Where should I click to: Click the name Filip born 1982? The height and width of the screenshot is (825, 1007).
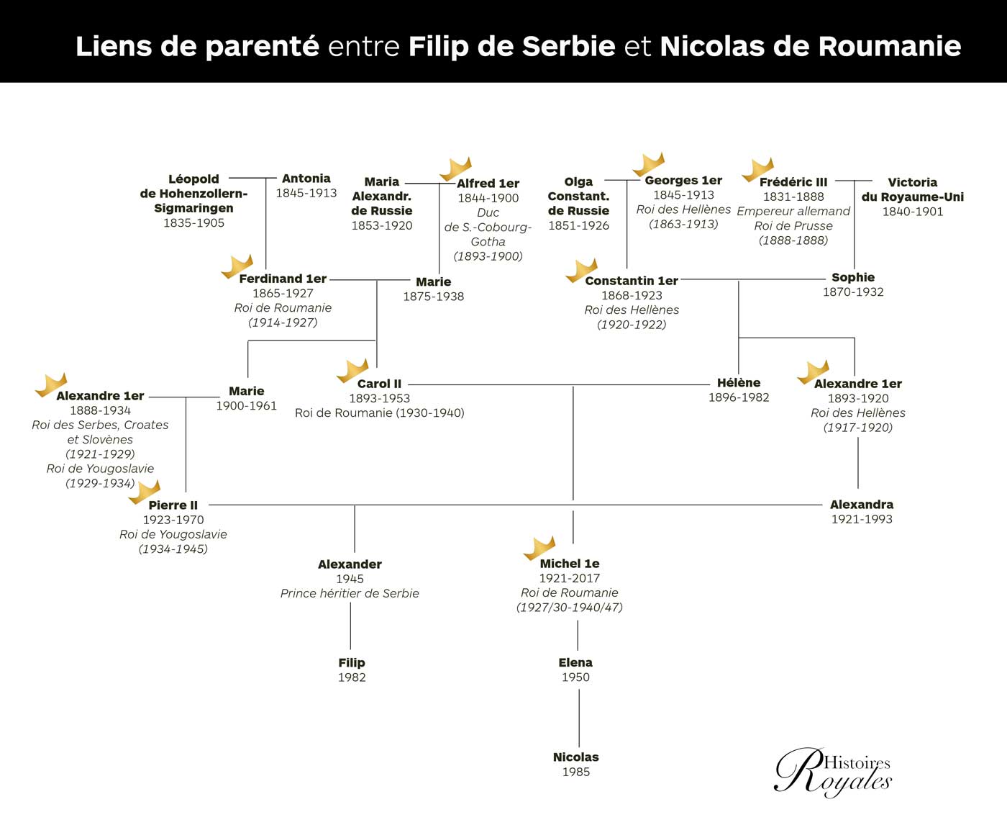[x=352, y=662]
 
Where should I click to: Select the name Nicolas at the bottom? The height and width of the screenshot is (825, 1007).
[x=575, y=757]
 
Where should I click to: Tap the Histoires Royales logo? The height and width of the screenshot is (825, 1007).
[x=832, y=772]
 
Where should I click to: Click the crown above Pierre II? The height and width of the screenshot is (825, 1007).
[x=144, y=492]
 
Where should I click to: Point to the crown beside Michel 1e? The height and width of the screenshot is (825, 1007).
[x=539, y=549]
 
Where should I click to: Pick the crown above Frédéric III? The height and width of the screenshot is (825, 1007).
[x=757, y=170]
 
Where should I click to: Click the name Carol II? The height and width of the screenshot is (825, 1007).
[x=379, y=384]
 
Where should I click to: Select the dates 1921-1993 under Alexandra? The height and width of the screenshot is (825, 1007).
[x=862, y=519]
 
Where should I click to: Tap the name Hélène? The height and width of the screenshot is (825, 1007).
[x=739, y=383]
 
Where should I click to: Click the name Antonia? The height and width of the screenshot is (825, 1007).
[x=306, y=179]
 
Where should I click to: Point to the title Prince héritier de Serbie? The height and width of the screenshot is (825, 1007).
[x=350, y=593]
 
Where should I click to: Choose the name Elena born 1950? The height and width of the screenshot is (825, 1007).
[x=575, y=662]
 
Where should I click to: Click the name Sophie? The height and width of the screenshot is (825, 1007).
[x=853, y=277]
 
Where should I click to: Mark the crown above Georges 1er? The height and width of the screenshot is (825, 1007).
[x=648, y=165]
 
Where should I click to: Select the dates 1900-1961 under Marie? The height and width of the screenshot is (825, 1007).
[x=247, y=406]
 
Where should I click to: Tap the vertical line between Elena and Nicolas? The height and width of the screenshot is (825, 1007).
[x=579, y=718]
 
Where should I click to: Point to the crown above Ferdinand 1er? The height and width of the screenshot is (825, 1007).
[x=237, y=266]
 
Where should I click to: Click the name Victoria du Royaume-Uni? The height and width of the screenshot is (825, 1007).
[x=913, y=189]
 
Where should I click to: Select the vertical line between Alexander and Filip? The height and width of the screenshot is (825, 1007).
[x=350, y=626]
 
